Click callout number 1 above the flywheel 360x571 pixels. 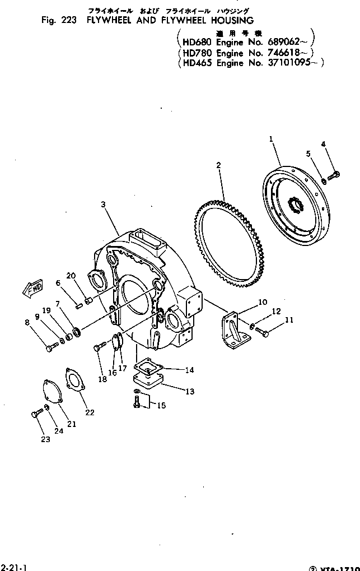tap(270, 138)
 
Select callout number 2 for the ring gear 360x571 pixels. tap(218, 165)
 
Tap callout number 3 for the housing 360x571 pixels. tap(103, 205)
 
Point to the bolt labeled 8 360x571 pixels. tap(49, 348)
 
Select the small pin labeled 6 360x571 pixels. tap(79, 305)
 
